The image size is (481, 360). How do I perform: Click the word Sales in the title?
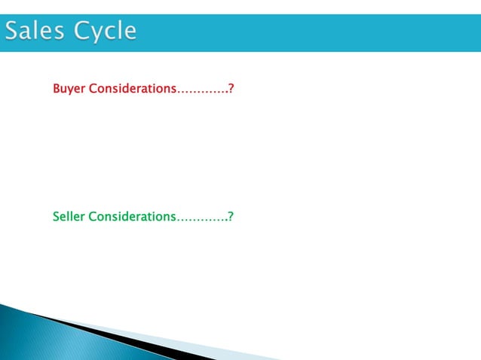[37, 32]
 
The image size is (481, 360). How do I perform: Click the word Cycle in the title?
[105, 32]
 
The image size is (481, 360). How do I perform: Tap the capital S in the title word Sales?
[14, 32]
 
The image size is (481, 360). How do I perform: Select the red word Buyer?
[69, 89]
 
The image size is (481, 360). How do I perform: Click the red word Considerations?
[132, 89]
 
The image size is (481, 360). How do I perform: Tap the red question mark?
[231, 89]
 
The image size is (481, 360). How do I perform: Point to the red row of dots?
[202, 92]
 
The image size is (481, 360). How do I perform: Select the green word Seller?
[69, 217]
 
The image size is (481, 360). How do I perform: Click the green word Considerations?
[132, 217]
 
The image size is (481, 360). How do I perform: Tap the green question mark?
[231, 217]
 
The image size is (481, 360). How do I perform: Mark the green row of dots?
[202, 220]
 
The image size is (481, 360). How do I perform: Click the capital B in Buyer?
[57, 89]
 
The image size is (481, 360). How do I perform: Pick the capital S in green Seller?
[57, 217]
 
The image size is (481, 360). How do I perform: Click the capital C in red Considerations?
[93, 89]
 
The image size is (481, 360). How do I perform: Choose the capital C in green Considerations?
[93, 217]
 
